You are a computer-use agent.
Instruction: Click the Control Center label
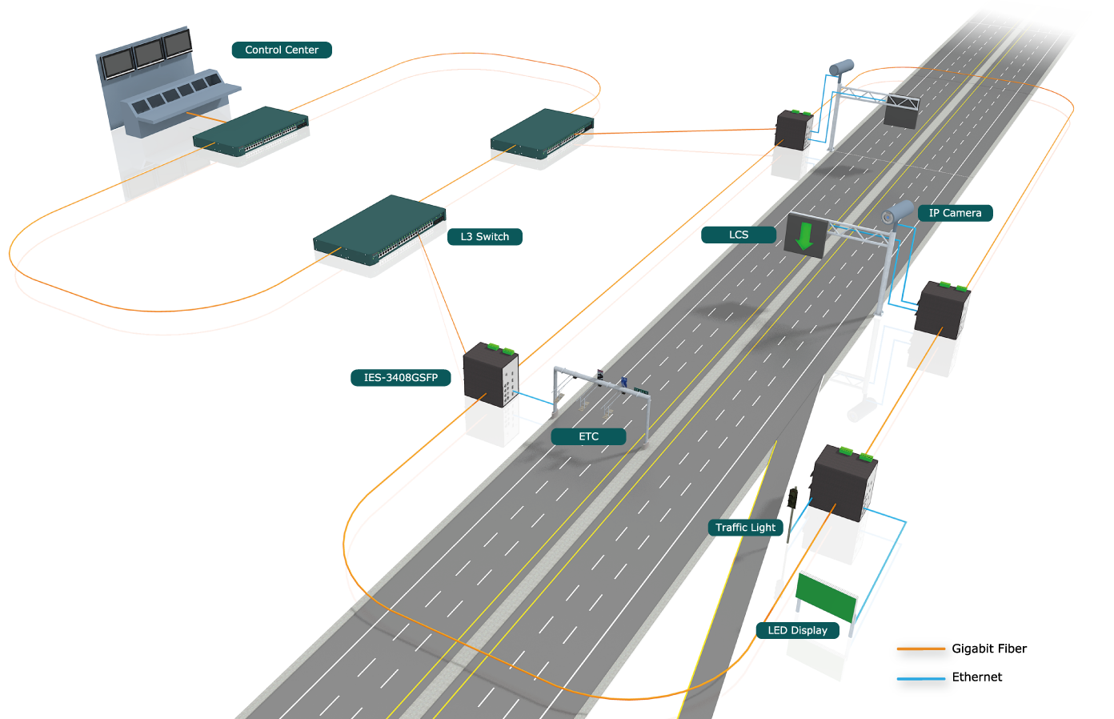[282, 50]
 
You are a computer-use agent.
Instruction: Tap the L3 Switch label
[485, 237]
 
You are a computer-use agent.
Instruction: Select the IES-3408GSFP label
[401, 378]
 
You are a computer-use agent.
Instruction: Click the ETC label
[588, 436]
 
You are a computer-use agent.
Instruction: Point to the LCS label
[739, 235]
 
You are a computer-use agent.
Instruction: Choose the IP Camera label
[955, 213]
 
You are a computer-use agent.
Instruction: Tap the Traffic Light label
[746, 528]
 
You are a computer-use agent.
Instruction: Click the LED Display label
[798, 630]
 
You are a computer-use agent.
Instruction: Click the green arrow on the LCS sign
[804, 235]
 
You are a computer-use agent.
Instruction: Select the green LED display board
[826, 597]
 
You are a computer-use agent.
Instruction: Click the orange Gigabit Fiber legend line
[920, 649]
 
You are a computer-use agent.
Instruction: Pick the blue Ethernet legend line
[920, 678]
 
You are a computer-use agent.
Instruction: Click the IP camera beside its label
[898, 212]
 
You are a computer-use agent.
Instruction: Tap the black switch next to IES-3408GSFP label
[491, 374]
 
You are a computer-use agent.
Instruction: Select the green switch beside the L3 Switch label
[379, 230]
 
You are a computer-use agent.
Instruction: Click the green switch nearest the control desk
[250, 131]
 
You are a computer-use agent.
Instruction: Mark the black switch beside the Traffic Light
[844, 483]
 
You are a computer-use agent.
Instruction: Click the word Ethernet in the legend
[976, 677]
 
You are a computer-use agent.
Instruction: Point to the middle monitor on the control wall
[148, 53]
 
